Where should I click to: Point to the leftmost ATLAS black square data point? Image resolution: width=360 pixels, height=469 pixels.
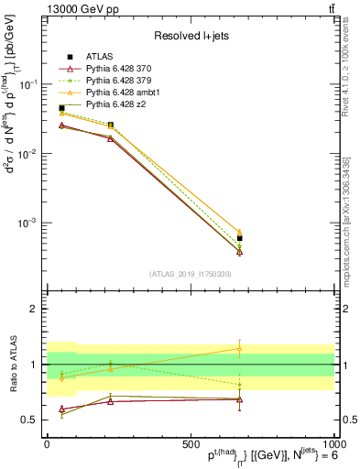(61, 108)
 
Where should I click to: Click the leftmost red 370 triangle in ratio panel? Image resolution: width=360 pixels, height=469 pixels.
(61, 409)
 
